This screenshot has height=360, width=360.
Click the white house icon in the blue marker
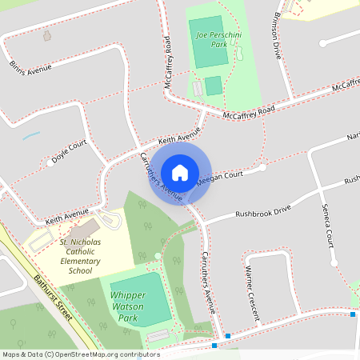180,172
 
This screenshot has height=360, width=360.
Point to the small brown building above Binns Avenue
46,36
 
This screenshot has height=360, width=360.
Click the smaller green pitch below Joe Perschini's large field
213,86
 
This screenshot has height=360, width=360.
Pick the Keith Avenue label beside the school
66,216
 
